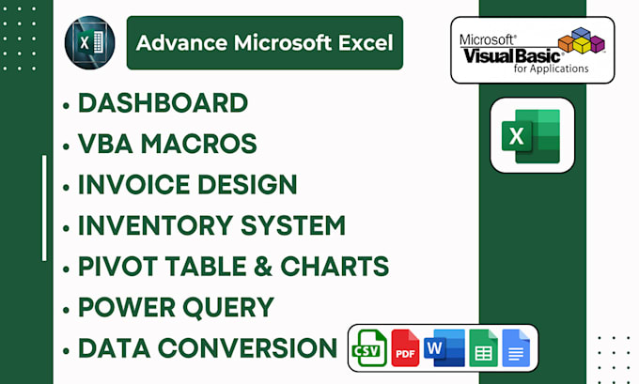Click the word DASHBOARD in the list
click(x=163, y=103)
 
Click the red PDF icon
click(x=405, y=348)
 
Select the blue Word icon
click(x=443, y=348)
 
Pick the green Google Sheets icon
click(x=483, y=348)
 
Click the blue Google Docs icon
click(x=517, y=348)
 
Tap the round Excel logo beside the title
click(x=89, y=43)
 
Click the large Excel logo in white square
click(x=532, y=135)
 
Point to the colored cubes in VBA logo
click(x=584, y=42)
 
